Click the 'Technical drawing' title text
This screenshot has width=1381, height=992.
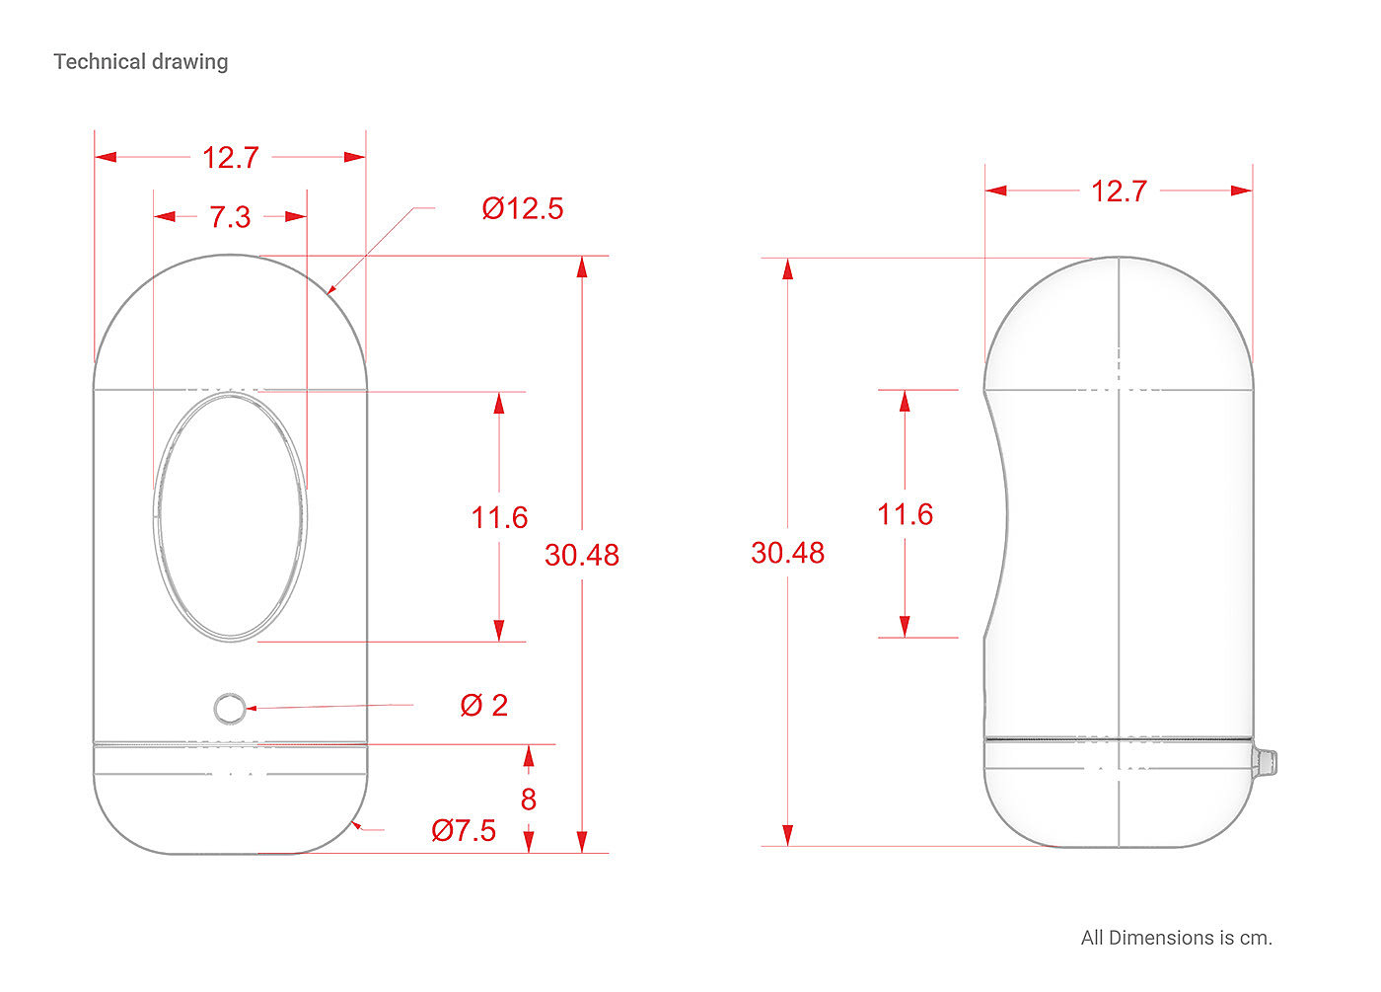(140, 61)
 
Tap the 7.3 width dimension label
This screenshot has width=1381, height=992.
(230, 216)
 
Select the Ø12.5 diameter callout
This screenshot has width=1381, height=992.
(522, 208)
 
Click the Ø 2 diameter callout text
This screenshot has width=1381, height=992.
(484, 705)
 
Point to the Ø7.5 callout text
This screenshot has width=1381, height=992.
(464, 830)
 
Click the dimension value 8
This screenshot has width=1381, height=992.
(529, 800)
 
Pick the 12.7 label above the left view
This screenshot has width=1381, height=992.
(231, 157)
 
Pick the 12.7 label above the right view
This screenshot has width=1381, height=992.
(1119, 191)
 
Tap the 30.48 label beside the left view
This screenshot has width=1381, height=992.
(581, 555)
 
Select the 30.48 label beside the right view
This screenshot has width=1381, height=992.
(787, 553)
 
